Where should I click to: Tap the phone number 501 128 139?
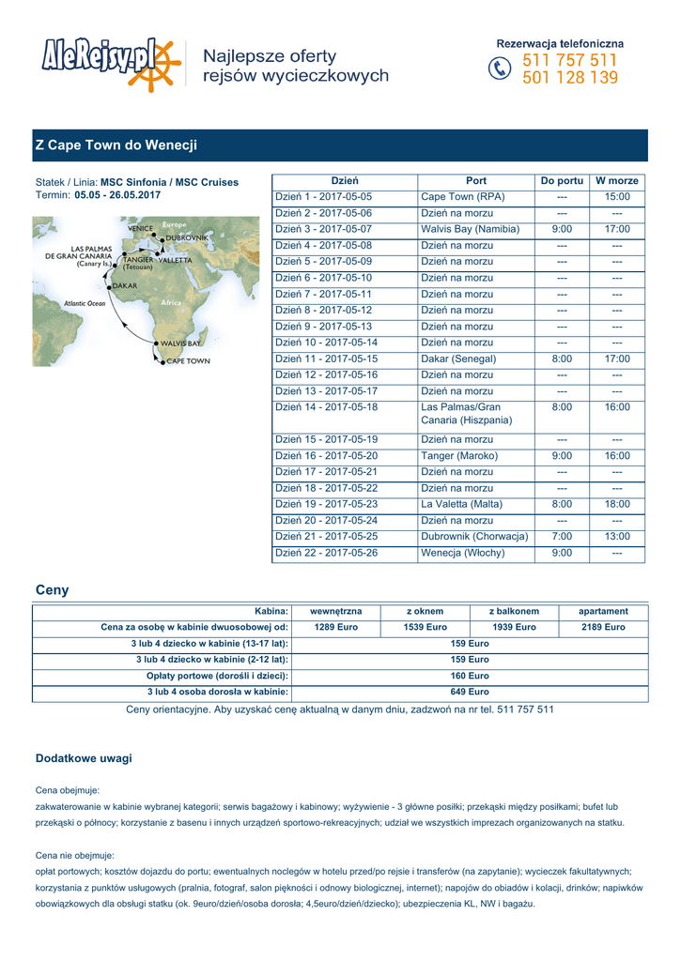click(570, 78)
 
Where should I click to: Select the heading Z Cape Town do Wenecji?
click(116, 145)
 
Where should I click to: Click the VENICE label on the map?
click(141, 228)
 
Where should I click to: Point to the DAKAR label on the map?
click(125, 284)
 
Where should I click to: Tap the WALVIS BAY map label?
click(180, 343)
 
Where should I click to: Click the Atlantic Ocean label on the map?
click(85, 304)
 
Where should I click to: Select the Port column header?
click(475, 180)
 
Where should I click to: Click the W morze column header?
click(617, 180)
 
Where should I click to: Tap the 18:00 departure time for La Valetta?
click(617, 504)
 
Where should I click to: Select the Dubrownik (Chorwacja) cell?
click(474, 537)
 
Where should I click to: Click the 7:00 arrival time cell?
click(562, 537)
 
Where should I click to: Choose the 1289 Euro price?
click(335, 627)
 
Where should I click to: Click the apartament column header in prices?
click(603, 611)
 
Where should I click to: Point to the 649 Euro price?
click(470, 692)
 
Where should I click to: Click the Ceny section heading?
click(52, 590)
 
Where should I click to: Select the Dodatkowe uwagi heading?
click(84, 757)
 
